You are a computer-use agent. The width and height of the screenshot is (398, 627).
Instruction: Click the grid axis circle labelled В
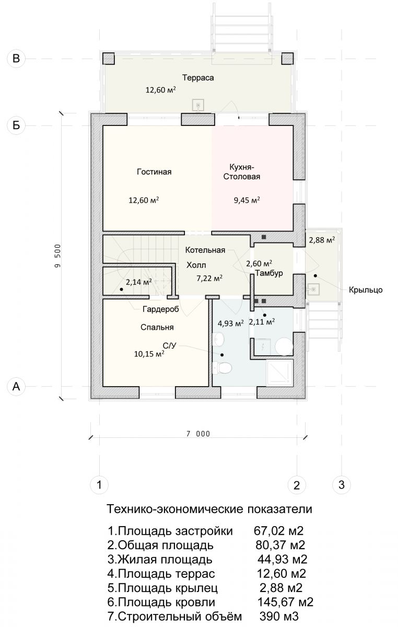pos(16,59)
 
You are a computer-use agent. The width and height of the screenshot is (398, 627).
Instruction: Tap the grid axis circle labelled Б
pos(16,125)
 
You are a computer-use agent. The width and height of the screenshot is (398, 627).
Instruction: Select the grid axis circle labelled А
pos(16,386)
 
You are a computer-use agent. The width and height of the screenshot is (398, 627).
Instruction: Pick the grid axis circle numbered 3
pos(341,484)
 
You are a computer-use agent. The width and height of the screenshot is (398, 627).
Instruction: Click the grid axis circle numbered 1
pos(99,484)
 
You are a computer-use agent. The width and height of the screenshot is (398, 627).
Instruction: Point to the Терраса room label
pos(198,77)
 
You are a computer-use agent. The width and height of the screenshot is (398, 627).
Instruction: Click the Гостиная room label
pos(154,171)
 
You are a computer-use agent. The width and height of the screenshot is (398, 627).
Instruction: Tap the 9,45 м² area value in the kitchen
pos(247,200)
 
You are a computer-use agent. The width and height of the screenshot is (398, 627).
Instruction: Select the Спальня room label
pos(157,327)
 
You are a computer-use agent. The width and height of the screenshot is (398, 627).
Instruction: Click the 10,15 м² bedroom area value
pos(149,354)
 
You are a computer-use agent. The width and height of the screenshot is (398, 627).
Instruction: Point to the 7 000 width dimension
pos(198,434)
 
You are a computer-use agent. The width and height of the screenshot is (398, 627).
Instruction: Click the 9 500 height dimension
pos(57,256)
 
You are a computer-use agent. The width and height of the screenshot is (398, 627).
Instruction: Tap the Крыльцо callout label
pos(366,290)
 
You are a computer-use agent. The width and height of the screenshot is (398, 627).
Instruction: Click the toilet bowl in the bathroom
pos(222,368)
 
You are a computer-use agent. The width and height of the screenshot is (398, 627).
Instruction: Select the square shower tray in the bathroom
pos(279,373)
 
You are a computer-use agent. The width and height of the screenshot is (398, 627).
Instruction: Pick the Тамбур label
pos(269,273)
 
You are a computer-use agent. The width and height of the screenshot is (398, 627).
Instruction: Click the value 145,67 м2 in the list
pos(285,602)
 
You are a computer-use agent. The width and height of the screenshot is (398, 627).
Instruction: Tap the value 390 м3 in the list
pos(279,617)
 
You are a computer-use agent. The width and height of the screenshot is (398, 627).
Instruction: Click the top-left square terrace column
pos(108,58)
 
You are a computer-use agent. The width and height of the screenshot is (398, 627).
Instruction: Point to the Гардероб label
pos(161,309)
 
